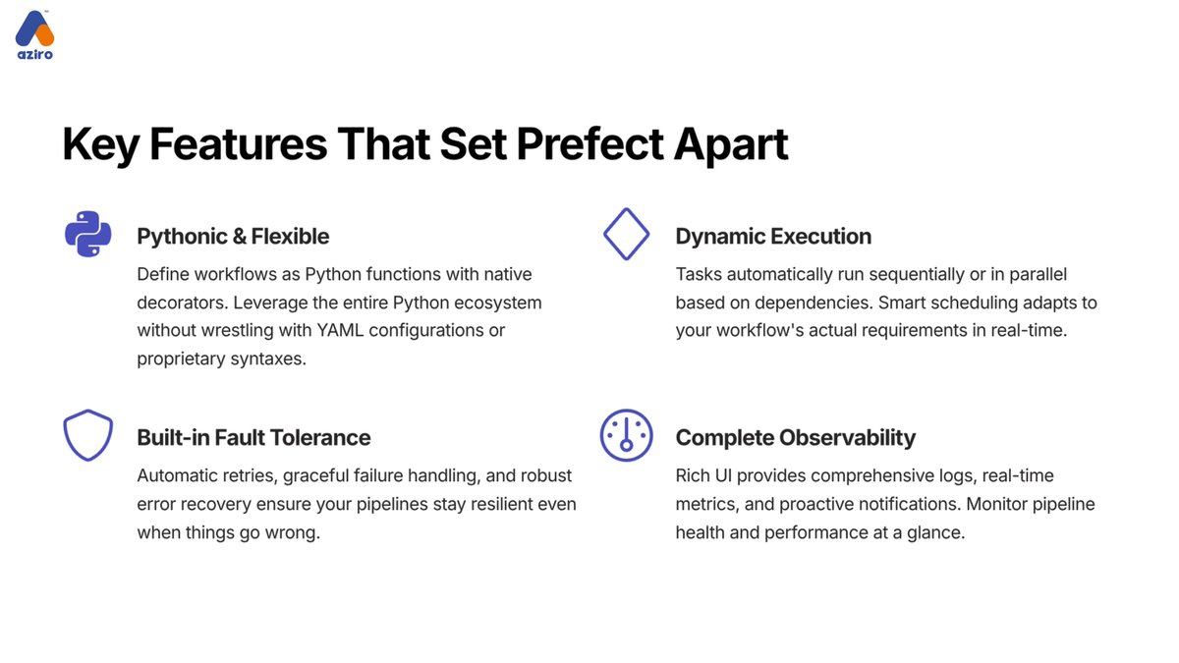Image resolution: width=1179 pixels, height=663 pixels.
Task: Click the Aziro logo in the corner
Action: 34,35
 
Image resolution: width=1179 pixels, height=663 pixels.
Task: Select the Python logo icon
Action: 87,234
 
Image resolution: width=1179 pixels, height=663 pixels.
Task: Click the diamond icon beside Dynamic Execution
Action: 626,234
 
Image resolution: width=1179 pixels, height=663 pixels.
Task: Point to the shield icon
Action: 87,435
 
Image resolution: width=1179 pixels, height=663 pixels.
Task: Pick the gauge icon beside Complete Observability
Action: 626,435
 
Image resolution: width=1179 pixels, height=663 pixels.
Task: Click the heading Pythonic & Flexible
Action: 233,237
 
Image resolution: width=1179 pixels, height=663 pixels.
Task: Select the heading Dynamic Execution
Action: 773,237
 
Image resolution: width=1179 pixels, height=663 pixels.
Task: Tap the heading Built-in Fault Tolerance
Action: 253,438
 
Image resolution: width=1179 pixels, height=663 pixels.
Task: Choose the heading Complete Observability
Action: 796,438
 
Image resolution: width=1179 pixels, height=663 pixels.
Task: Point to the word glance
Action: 935,532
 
